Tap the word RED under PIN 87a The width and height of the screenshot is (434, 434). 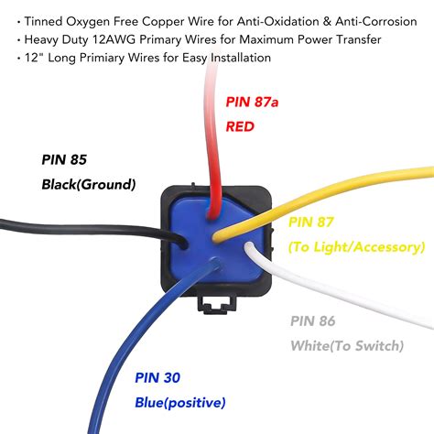point(241,127)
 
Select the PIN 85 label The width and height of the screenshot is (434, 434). point(65,158)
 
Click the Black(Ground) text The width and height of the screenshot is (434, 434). point(88,184)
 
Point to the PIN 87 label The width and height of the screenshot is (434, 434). point(311,222)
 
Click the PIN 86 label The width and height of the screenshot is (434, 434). point(312,320)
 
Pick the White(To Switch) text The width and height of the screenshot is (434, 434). point(346,345)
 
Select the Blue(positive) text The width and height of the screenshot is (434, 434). point(179,402)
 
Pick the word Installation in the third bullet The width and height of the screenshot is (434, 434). point(238,58)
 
